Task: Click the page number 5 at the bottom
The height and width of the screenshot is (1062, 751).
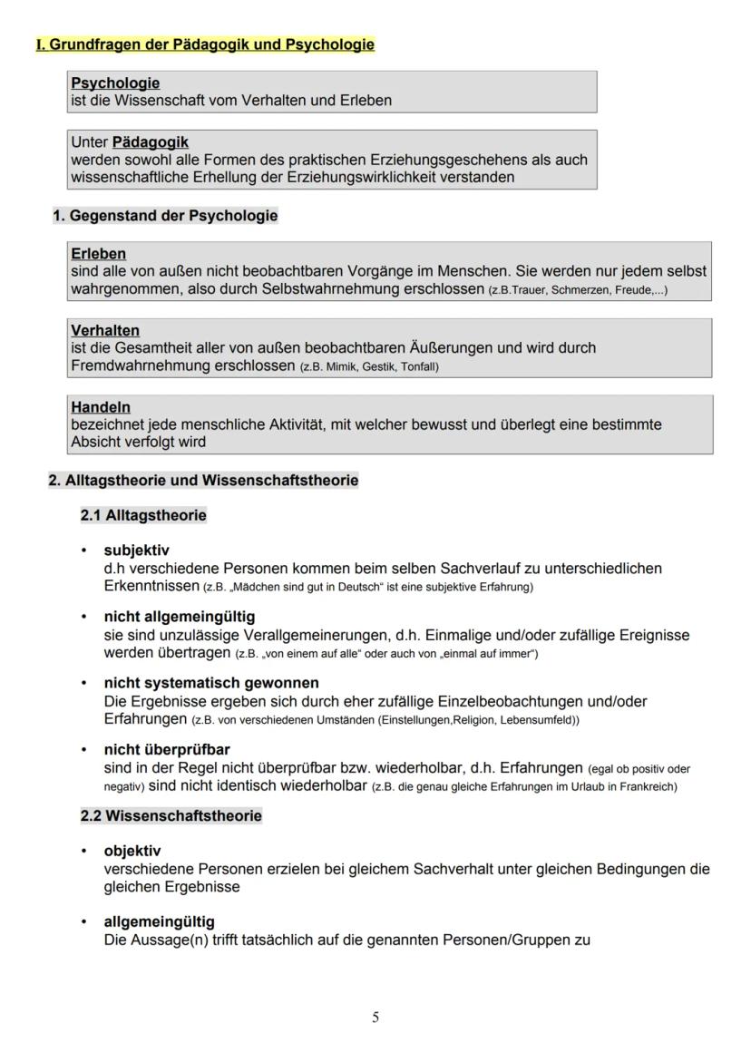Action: pos(375,1018)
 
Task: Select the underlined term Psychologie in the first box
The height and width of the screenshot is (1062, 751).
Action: pos(115,83)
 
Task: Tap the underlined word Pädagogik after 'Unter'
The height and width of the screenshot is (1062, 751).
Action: pos(151,142)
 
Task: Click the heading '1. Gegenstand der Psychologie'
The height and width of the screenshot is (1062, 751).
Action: pos(165,216)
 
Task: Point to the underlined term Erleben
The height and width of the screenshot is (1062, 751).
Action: pos(98,254)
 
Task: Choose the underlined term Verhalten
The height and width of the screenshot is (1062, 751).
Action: pos(105,331)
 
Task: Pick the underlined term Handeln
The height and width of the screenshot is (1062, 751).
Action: pos(101,408)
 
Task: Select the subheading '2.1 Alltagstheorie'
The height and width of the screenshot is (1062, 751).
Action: pos(143,515)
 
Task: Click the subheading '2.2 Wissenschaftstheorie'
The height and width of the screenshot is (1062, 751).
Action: pos(171,815)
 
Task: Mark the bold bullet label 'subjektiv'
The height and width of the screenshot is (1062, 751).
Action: pos(136,550)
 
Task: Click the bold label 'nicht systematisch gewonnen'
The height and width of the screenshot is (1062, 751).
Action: pos(211,682)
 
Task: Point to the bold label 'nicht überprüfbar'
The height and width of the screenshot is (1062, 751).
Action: pos(167,749)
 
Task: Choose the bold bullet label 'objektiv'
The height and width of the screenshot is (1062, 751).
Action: pos(132,851)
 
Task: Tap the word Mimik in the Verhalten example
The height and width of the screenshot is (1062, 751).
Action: pos(342,367)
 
